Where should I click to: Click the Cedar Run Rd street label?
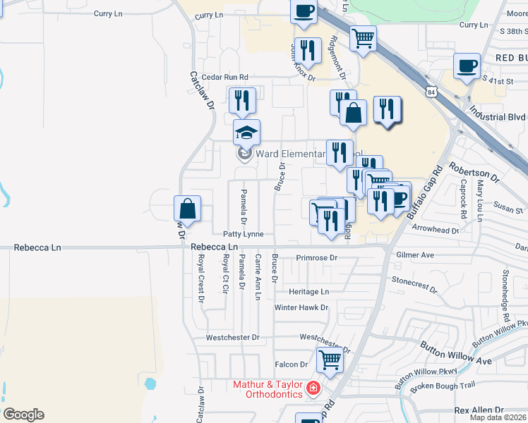[225, 77]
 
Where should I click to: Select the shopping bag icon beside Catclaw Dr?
[187, 209]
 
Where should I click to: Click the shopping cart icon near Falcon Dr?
[330, 360]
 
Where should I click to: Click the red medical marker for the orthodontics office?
[311, 388]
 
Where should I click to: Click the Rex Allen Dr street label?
[479, 410]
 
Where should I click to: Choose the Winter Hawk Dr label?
[301, 307]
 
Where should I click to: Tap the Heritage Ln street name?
[308, 291]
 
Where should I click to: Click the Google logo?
[23, 415]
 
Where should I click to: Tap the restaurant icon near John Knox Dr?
[309, 50]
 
